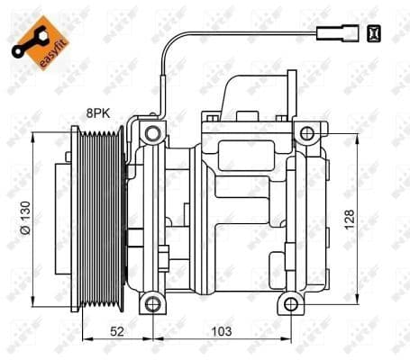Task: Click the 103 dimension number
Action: click(220, 331)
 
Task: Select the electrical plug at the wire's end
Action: click(328, 35)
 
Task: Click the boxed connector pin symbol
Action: click(374, 34)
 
